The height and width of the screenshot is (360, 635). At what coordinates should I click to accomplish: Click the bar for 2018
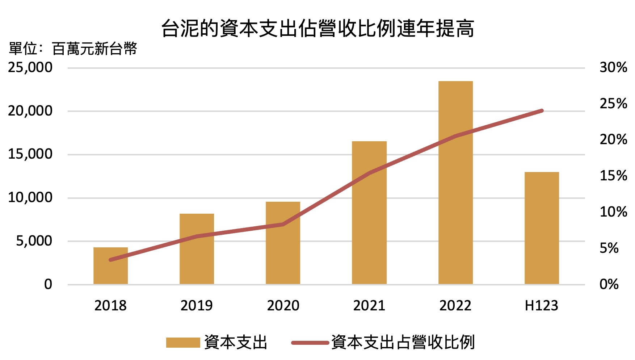tap(110, 266)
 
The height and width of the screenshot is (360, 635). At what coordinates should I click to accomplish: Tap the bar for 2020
tap(283, 243)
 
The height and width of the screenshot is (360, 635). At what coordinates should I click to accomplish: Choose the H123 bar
tap(542, 228)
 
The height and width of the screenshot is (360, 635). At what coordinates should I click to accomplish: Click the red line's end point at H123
tap(542, 110)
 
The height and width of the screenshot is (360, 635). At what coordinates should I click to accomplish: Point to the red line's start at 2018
tap(111, 260)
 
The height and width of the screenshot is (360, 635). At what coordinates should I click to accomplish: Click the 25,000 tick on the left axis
tap(30, 67)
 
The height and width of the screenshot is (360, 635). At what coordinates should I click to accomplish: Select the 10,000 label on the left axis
tap(30, 198)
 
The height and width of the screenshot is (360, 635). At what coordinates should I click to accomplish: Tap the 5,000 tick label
tap(34, 241)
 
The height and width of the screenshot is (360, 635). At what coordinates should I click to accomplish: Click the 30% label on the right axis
tap(613, 67)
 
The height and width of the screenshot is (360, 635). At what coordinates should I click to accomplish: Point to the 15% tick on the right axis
tap(613, 176)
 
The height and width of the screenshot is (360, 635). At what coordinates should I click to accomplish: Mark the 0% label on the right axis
tap(609, 284)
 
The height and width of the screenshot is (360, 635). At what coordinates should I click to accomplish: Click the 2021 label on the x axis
tap(369, 306)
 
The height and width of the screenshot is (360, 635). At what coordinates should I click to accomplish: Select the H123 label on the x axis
tap(542, 306)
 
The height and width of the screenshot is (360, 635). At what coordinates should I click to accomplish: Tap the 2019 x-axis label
tap(197, 306)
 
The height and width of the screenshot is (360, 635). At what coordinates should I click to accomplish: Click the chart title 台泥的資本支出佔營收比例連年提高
tap(317, 28)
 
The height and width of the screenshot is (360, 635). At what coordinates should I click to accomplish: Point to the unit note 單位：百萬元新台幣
tap(73, 49)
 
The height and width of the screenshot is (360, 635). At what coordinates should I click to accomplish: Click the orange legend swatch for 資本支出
tap(183, 343)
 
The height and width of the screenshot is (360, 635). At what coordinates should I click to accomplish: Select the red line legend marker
tap(310, 343)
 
